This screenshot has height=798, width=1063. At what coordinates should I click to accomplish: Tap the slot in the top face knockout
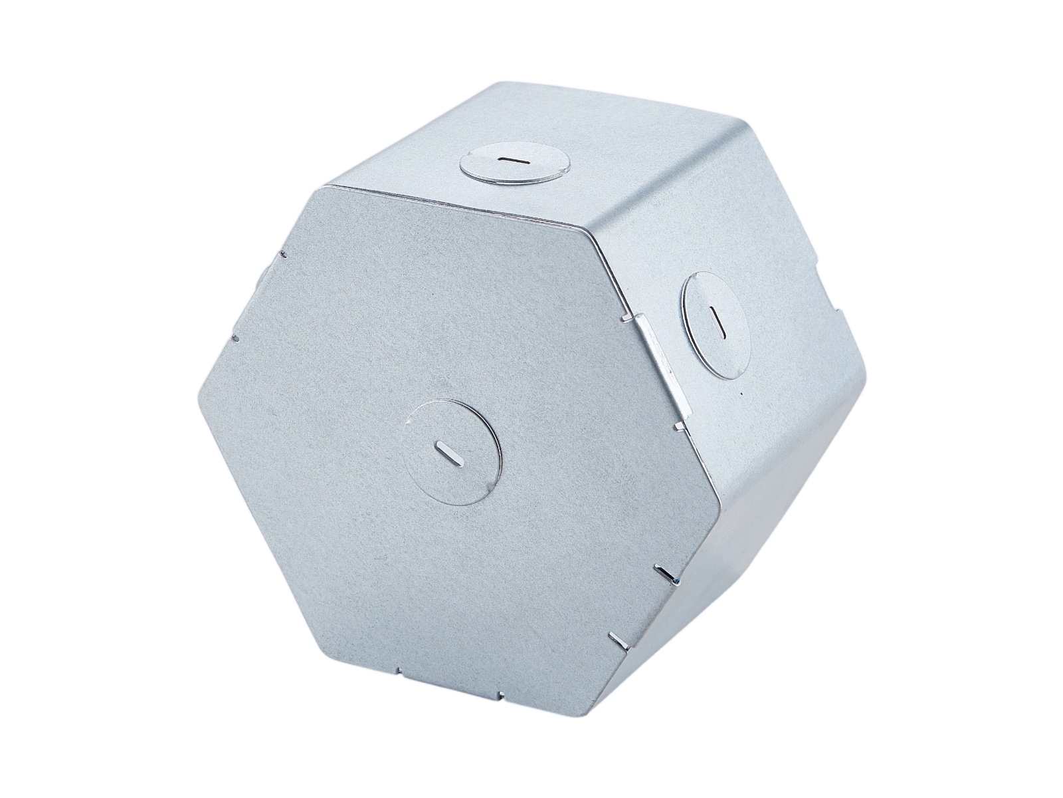513,160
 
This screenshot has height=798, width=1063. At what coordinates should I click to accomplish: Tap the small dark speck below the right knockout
742,394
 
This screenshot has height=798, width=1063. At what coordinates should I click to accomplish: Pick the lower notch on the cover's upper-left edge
235,337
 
